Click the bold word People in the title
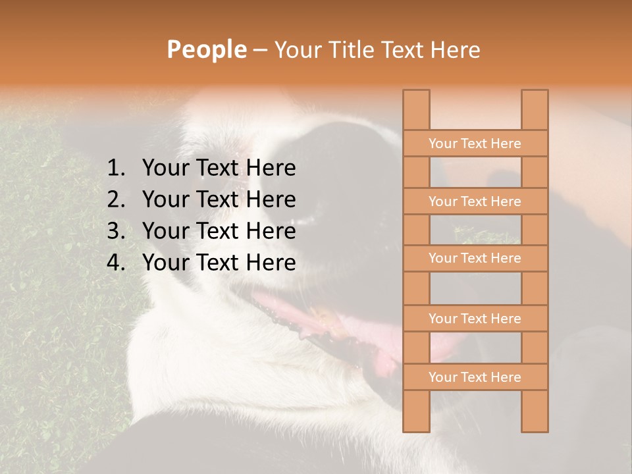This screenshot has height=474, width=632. coord(206,50)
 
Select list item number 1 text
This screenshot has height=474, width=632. coord(219,169)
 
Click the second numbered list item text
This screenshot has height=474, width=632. coord(219,199)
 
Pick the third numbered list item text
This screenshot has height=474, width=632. coord(219,231)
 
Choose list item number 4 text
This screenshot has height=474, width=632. coord(219,263)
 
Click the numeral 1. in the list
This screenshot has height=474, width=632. coord(116,169)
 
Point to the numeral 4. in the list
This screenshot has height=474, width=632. coord(116,263)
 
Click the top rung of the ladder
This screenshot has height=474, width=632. coord(475,144)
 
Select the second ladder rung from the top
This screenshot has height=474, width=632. coord(475,201)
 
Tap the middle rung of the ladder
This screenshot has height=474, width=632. coord(475,259)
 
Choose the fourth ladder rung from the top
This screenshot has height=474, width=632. coord(475,319)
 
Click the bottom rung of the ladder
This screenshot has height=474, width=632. coord(475,377)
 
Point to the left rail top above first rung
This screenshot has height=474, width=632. coord(416,110)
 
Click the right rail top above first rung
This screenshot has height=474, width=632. coord(535,110)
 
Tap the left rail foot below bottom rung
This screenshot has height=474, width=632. coord(416,411)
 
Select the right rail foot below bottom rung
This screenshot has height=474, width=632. coord(535,411)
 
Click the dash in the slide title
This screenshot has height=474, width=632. coord(259,50)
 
